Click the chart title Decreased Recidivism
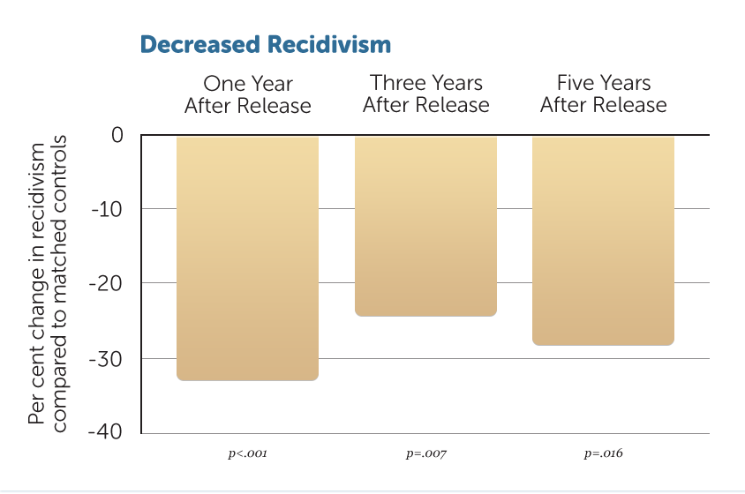coord(266,45)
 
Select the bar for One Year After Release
coord(247,258)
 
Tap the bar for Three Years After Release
coord(425,226)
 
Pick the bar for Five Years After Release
coord(604,241)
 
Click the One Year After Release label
coord(247,94)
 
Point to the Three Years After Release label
coord(426,94)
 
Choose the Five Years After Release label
coord(604,94)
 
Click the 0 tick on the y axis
coord(117,135)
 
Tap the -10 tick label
coord(107,209)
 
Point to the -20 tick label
coord(106,283)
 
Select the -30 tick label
coord(106,359)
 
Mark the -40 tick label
coord(105,431)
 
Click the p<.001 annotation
coord(247,453)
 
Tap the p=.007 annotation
coord(426,453)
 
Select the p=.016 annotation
coord(604,453)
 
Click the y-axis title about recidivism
coord(47,284)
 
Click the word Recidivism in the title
coord(329,45)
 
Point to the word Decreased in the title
coord(200,45)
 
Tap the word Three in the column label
coord(398,83)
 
